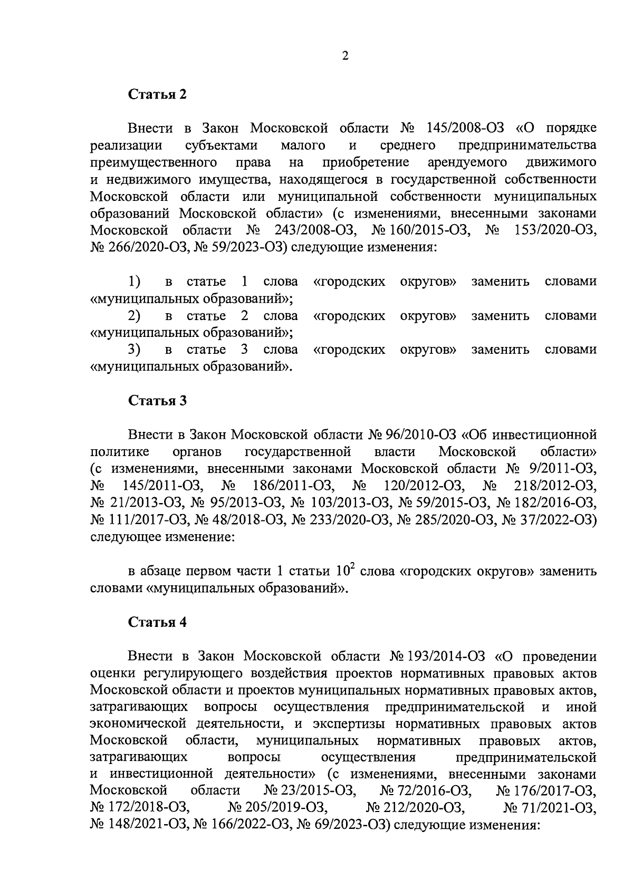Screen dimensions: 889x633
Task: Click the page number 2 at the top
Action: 345,56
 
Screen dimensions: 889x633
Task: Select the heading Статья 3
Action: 158,401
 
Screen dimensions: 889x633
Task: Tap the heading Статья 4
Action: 158,622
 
